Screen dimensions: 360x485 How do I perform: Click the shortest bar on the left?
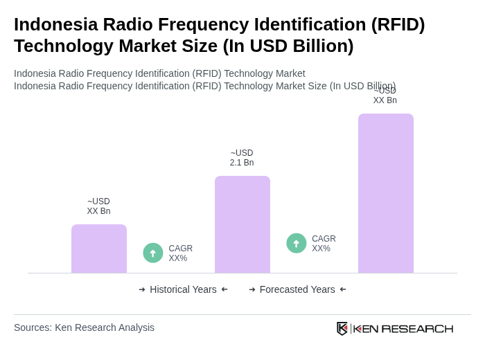[x=99, y=249]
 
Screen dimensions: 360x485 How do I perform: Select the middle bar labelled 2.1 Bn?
[x=242, y=224]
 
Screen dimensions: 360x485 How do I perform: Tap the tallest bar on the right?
[x=386, y=193]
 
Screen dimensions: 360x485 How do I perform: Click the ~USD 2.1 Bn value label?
[x=242, y=158]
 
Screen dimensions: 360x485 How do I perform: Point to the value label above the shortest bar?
[x=98, y=206]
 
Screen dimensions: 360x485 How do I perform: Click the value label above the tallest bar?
[x=385, y=96]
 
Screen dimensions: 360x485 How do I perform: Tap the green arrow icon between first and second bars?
[x=153, y=253]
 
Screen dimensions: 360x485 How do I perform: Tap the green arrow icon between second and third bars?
[x=297, y=243]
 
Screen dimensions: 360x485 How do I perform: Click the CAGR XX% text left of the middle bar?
[x=181, y=253]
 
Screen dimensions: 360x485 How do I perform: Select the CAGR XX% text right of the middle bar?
[x=324, y=244]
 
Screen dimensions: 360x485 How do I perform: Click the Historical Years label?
[x=183, y=289]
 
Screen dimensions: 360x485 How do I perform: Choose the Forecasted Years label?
[x=297, y=289]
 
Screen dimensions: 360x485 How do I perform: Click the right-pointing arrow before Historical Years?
[x=142, y=289]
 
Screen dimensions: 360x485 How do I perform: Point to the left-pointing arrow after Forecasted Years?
[x=343, y=289]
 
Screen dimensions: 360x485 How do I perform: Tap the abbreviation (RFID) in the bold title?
[x=398, y=24]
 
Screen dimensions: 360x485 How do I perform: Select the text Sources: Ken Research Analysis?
[x=84, y=327]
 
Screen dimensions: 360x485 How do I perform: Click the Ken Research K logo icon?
[x=342, y=328]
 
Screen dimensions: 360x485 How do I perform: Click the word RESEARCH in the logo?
[x=417, y=328]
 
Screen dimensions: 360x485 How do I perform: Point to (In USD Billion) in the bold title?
[x=288, y=46]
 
